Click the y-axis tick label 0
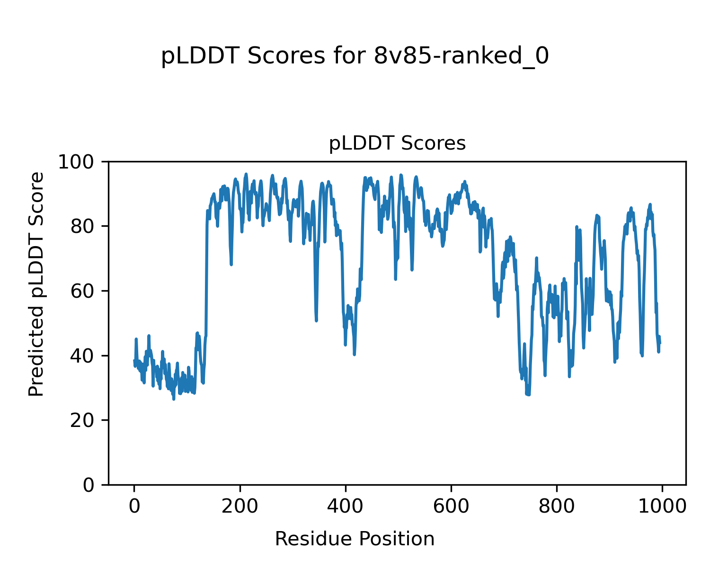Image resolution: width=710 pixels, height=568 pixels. (88, 485)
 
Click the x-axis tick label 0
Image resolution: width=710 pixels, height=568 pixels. (134, 506)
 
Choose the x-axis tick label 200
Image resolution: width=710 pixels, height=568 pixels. (240, 506)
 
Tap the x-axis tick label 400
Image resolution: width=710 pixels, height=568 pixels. (346, 506)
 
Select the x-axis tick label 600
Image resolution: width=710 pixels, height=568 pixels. (451, 506)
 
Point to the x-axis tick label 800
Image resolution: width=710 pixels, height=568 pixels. (557, 506)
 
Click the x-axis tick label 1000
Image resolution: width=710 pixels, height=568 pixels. (662, 506)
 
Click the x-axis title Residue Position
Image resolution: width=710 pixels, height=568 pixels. (355, 539)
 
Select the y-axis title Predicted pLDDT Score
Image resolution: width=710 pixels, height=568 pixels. (36, 284)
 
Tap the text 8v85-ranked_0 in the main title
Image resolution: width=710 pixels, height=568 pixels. (461, 57)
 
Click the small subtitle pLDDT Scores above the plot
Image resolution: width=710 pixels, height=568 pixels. (397, 143)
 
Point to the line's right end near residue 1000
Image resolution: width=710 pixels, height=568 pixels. (660, 343)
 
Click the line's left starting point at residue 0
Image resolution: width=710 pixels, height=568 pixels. (134, 361)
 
